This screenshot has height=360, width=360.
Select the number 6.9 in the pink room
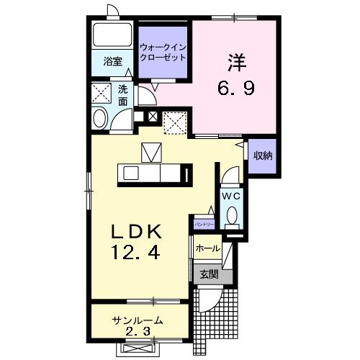pos(235,89)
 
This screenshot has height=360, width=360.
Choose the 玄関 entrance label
pos(209,274)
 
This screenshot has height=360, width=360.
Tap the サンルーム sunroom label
pos(137,320)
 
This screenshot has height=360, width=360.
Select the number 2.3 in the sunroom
pos(138,333)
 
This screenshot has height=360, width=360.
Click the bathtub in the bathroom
pos(111,35)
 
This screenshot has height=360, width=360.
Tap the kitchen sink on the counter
pos(131,172)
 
